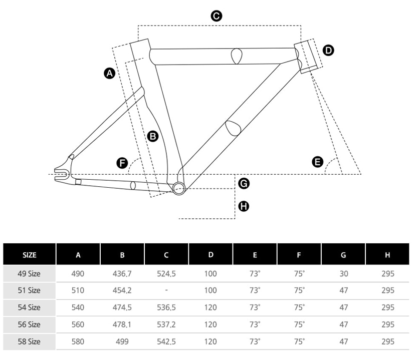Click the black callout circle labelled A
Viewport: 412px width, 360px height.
(109, 74)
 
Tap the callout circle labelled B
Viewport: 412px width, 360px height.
(153, 135)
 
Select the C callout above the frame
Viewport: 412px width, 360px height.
(216, 16)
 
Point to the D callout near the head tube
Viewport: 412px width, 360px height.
(328, 50)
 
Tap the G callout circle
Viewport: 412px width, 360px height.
(244, 183)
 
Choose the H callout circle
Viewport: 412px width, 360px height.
(244, 206)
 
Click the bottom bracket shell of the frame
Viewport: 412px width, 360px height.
(179, 187)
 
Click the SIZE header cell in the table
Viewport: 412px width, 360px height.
(30, 254)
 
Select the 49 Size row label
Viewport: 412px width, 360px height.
(30, 273)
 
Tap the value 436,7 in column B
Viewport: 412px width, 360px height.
(122, 273)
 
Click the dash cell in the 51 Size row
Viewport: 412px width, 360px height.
(166, 290)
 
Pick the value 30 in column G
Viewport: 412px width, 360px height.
(343, 273)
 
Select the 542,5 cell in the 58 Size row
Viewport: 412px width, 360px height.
(166, 341)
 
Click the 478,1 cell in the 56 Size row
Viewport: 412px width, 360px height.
(122, 324)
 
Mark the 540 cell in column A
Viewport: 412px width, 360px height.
(78, 307)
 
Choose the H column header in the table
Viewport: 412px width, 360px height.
(387, 254)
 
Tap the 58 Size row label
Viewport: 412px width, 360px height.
(30, 341)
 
